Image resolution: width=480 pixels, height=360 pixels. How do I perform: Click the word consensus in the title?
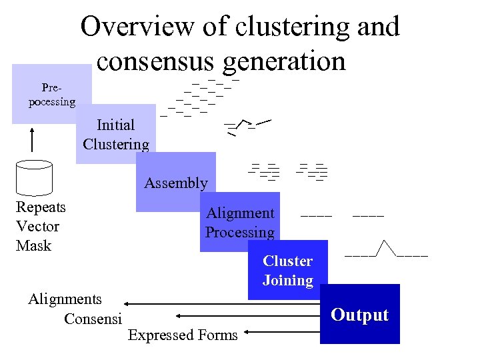[x=154, y=61]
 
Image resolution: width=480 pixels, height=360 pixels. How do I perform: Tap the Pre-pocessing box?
[x=51, y=94]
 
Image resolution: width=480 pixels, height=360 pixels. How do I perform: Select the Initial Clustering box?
[x=116, y=134]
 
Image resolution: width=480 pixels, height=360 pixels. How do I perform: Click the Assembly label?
[x=176, y=183]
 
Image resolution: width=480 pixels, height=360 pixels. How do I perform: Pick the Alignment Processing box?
[x=240, y=223]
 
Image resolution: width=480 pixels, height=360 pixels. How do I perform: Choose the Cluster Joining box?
[x=288, y=271]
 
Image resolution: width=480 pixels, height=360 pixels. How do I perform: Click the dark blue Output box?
[x=360, y=315]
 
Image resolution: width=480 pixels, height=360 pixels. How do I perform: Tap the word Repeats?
[x=41, y=207]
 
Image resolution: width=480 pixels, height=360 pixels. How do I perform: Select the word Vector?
[x=37, y=226]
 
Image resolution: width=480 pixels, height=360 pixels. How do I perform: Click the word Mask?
[x=33, y=245]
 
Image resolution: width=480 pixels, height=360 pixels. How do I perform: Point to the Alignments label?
[x=65, y=299]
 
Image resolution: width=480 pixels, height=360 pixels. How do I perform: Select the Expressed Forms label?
[x=183, y=335]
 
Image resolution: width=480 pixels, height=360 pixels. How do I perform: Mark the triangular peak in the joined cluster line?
[x=387, y=247]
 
